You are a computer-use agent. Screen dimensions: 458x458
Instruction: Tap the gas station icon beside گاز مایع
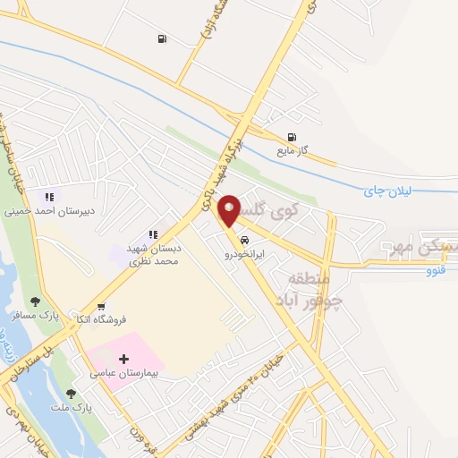click(x=292, y=137)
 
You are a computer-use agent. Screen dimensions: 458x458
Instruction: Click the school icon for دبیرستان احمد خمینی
click(x=48, y=198)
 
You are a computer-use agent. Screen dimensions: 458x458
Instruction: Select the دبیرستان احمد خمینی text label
click(x=48, y=213)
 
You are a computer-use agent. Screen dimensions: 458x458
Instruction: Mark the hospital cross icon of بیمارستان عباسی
click(x=123, y=359)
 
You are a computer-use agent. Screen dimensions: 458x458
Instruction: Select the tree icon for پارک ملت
click(x=70, y=392)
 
